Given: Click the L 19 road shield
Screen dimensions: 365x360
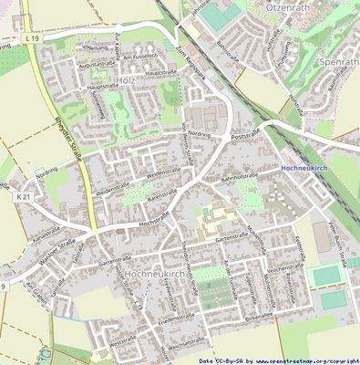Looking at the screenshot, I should coord(33,38).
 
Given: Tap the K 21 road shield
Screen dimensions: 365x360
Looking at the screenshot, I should coord(24,196).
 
